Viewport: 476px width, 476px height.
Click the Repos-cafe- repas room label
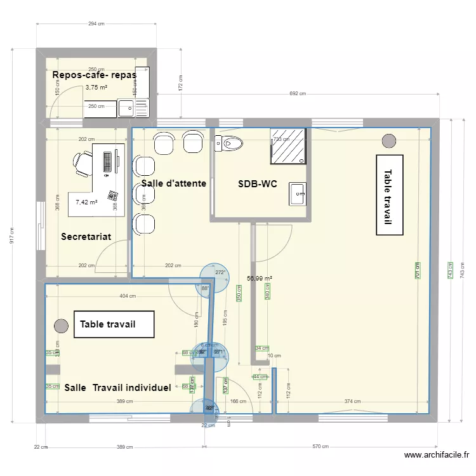coord(95,75)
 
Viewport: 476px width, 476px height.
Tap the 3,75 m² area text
coord(96,88)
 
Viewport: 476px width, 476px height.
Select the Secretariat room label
coord(86,237)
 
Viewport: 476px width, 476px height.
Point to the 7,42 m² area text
coord(86,202)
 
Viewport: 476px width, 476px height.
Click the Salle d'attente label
coord(173,183)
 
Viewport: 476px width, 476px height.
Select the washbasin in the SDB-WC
coord(298,194)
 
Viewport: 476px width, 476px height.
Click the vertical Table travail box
coord(389,195)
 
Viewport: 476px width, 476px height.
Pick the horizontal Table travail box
coord(114,324)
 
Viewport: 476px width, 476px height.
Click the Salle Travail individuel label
coord(117,387)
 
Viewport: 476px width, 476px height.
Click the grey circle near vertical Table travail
coord(388,140)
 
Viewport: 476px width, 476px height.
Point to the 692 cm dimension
coord(297,93)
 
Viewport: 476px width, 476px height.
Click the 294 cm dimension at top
coord(96,24)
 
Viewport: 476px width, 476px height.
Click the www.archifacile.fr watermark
coord(437,455)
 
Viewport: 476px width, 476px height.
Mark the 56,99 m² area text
coord(259,278)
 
